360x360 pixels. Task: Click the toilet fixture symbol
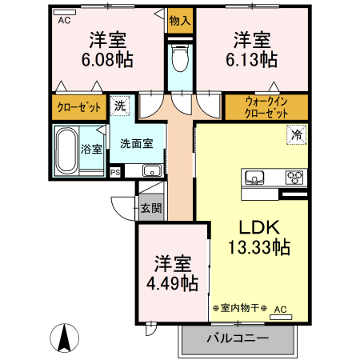coord(180,59)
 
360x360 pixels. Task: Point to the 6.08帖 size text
coord(106,60)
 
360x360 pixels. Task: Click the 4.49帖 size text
coord(172,282)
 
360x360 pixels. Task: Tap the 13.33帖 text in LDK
coord(256,247)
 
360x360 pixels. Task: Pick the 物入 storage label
coord(180,21)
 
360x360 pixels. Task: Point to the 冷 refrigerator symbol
coord(296,136)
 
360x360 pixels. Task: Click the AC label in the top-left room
coord(64,21)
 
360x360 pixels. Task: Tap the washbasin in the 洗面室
coord(150,170)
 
